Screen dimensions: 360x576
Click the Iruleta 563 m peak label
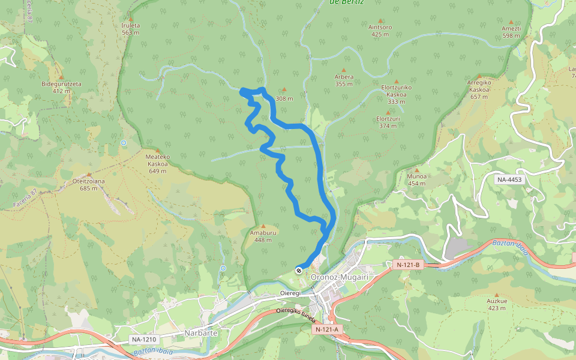(130, 29)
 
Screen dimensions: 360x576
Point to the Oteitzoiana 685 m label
(88, 184)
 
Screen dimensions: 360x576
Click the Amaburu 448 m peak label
(263, 236)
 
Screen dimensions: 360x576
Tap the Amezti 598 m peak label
(511, 32)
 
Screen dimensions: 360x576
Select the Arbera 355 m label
(344, 80)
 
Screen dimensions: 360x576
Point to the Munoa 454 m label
(416, 179)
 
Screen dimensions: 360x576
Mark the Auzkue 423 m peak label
(497, 304)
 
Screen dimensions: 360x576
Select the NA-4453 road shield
(511, 179)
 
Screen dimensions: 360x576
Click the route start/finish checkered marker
(298, 271)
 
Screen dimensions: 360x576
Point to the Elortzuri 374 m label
(388, 122)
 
